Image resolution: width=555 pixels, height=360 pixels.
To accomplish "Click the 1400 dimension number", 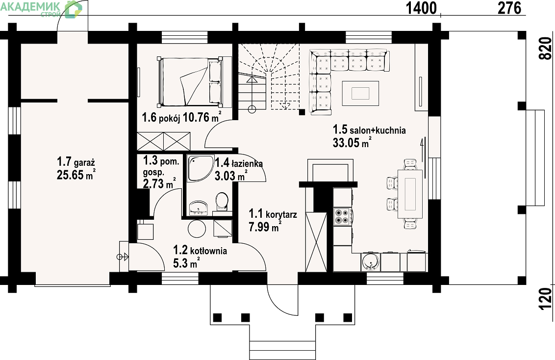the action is coord(421,8).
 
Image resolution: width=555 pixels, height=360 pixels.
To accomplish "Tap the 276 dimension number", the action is coord(509,8).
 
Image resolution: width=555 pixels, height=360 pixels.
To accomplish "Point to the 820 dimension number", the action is coord(546,49).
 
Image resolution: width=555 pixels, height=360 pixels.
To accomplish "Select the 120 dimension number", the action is coord(546,299).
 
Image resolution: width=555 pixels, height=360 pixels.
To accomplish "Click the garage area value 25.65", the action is coord(71,175).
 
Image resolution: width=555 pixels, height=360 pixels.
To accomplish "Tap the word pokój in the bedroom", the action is coord(170,118).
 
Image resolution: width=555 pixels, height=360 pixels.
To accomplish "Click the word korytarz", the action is coord(281,214).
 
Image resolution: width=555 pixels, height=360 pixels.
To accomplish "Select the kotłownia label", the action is coord(208,251).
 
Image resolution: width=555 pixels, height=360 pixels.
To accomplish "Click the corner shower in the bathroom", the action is coord(201,168).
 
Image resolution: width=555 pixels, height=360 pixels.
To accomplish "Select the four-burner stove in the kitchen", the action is coord(342,216).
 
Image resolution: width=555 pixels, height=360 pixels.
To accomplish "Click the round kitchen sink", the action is coord(371,262).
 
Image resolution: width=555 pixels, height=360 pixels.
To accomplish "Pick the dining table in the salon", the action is coord(410,194).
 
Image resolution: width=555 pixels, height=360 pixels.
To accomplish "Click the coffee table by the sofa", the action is coord(360,94).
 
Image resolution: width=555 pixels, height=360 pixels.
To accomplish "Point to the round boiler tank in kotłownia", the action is coord(197,229).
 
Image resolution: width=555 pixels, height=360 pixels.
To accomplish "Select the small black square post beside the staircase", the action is coord(302,112).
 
